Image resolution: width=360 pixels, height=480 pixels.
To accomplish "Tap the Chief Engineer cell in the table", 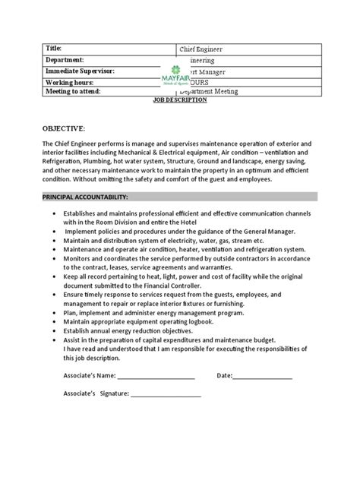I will pos(202,49).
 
